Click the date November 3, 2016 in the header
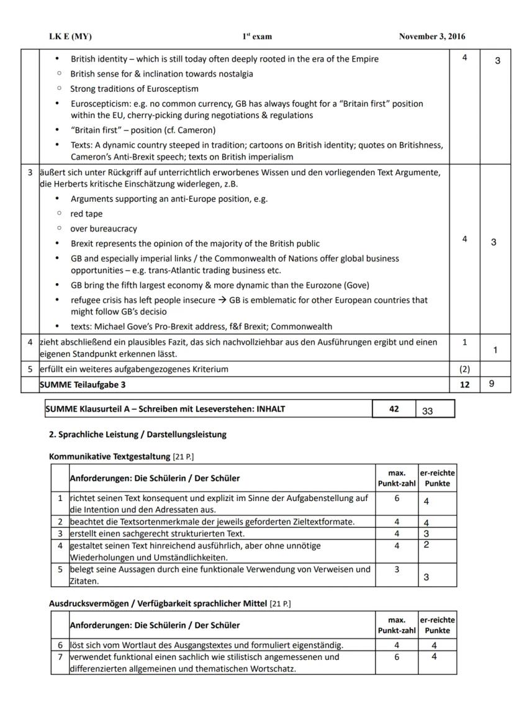(x=431, y=37)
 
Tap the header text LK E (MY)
(x=70, y=37)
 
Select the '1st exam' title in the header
(x=257, y=37)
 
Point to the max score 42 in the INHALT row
(x=394, y=409)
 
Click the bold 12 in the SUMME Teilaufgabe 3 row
(x=464, y=385)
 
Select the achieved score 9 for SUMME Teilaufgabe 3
(x=492, y=384)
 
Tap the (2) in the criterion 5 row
(x=464, y=369)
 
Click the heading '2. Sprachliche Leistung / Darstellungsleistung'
(x=138, y=435)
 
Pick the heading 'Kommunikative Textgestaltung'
(x=109, y=457)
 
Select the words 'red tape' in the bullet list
(x=86, y=214)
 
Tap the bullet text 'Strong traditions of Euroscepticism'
(x=134, y=89)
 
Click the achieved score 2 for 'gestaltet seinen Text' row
(x=427, y=545)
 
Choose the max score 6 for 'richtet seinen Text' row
(x=397, y=499)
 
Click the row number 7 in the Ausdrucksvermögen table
(x=60, y=657)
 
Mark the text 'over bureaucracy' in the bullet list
(x=104, y=229)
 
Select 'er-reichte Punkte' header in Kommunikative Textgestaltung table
(x=438, y=478)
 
